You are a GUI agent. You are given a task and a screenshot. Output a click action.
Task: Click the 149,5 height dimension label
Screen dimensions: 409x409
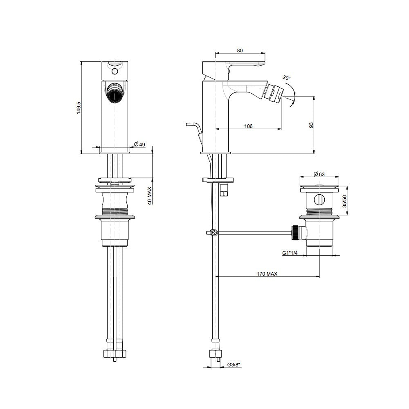pos(79,108)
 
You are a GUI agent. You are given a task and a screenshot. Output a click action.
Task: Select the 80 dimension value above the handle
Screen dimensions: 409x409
pos(240,51)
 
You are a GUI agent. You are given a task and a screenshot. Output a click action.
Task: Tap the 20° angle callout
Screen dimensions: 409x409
pos(287,77)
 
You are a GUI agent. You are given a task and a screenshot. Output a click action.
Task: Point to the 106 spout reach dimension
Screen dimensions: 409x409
pos(248,126)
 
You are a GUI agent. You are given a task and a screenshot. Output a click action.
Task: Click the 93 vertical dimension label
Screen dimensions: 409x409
pos(311,125)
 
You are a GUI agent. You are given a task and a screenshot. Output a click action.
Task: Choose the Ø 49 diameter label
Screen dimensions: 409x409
pos(139,144)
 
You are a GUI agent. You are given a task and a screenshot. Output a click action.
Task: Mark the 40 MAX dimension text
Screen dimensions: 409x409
pos(150,196)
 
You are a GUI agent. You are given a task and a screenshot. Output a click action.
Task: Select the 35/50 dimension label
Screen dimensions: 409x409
pos(345,201)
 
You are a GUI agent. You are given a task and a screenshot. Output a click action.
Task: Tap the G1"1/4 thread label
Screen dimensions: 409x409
pos(290,253)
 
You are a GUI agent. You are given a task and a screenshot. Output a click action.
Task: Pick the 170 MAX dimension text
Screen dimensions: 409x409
pos(267,274)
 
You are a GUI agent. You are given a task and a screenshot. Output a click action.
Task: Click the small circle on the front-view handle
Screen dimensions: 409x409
pos(115,71)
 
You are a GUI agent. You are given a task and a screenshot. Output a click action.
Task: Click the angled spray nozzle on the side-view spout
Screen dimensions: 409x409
pos(274,92)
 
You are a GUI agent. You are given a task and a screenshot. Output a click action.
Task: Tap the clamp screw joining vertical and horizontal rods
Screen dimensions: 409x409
pos(214,233)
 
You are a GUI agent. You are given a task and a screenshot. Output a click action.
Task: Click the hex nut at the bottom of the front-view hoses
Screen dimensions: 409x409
pos(115,353)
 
